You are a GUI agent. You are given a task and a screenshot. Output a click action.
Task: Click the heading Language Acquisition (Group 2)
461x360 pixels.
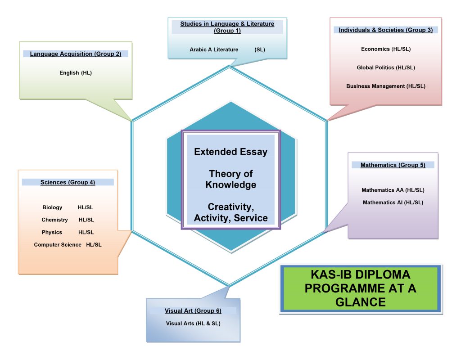click(76, 54)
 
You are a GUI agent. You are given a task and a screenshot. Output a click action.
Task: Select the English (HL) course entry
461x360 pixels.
click(76, 72)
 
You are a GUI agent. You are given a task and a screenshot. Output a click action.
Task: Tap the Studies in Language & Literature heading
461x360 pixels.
click(227, 27)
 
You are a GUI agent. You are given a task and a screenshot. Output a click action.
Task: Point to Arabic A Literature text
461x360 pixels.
click(214, 49)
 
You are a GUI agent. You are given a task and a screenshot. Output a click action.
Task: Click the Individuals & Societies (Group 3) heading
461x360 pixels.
click(385, 30)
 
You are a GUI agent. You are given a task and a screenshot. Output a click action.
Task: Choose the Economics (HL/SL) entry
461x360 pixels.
click(386, 49)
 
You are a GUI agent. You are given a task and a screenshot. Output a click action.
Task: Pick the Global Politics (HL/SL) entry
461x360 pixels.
click(386, 67)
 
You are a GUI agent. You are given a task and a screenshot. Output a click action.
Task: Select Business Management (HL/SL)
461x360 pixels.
click(386, 86)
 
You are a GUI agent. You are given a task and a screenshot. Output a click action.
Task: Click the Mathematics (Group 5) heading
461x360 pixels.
click(393, 165)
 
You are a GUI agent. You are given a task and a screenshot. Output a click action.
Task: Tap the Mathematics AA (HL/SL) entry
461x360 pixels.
click(393, 190)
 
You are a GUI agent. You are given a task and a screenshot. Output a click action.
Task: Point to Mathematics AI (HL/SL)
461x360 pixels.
click(393, 202)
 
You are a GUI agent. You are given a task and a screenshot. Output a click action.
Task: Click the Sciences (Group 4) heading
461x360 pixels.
click(68, 182)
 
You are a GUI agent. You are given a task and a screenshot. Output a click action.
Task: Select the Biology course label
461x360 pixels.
click(52, 207)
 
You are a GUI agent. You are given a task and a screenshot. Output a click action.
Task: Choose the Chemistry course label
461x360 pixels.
click(54, 220)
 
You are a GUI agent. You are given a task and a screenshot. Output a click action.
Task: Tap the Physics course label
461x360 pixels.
click(52, 232)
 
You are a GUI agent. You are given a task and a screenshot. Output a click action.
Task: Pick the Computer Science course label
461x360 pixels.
click(58, 245)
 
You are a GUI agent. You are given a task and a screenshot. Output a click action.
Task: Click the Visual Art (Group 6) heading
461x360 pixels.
click(193, 311)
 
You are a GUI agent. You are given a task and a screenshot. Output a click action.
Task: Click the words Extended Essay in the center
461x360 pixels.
click(230, 152)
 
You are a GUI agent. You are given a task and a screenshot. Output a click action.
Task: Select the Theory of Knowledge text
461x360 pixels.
click(230, 179)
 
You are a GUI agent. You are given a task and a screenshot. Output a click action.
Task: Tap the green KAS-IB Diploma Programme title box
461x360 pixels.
click(360, 288)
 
